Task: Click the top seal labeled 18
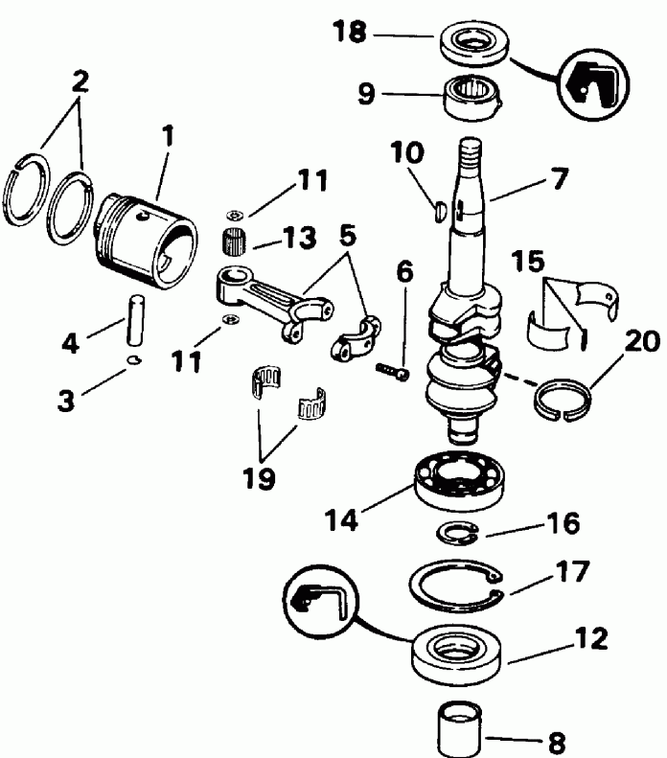472,45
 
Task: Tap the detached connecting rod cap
355,335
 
